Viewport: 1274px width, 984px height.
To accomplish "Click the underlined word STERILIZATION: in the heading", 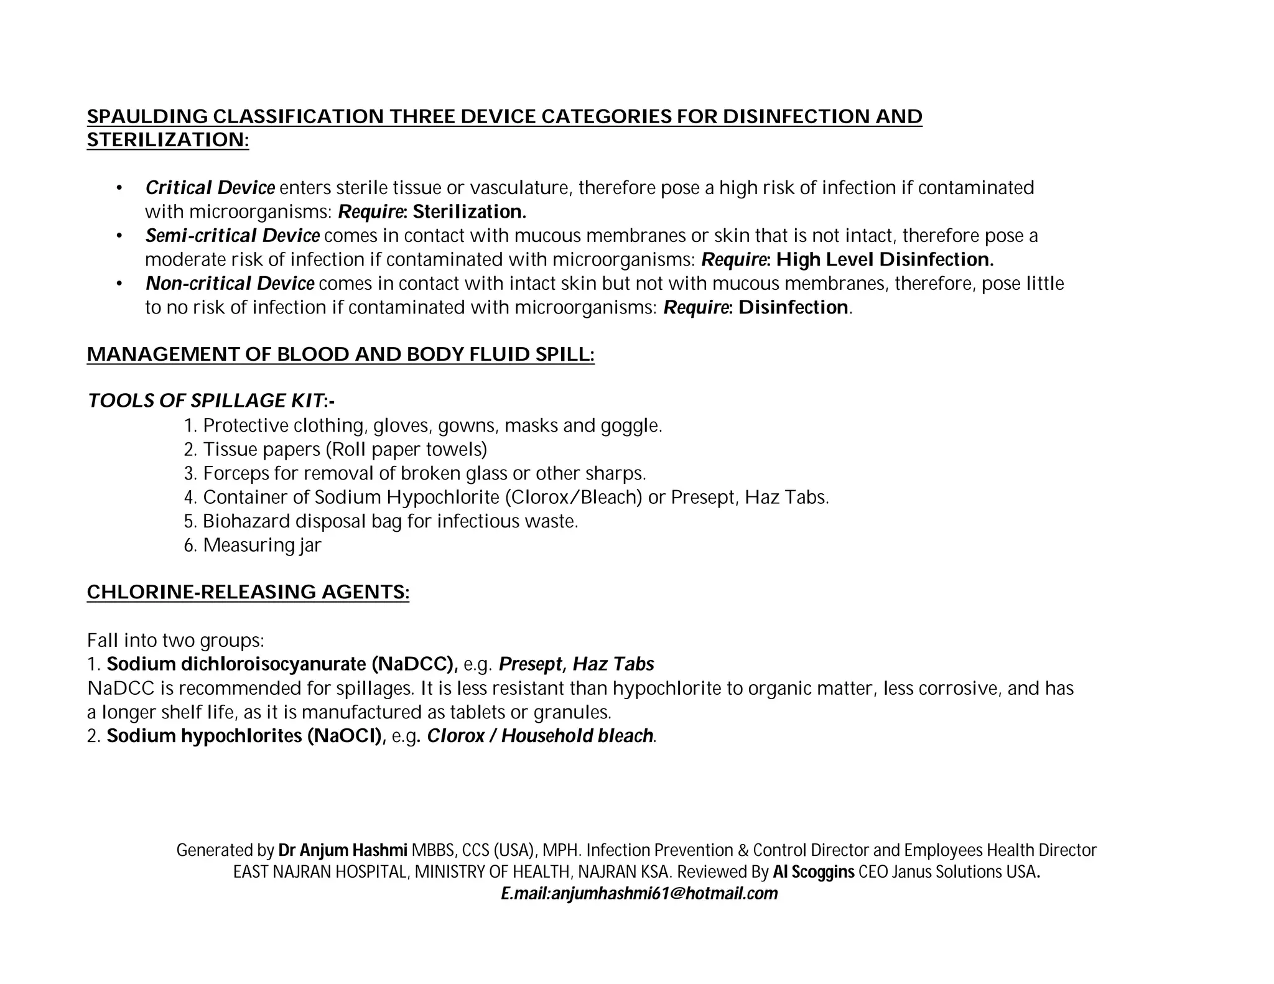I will pos(167,140).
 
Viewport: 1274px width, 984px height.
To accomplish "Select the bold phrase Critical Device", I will pos(210,188).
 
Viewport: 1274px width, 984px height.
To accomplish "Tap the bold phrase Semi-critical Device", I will pos(232,236).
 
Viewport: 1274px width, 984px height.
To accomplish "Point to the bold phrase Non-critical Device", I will pos(230,284).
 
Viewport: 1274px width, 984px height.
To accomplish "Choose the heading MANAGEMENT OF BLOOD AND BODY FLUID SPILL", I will pos(340,354).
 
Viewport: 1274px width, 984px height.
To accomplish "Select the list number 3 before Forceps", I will pos(190,474).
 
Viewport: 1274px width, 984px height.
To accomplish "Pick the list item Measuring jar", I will pos(261,545).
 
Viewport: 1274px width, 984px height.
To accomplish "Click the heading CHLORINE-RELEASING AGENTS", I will pos(248,592).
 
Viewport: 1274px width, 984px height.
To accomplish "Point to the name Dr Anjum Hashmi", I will pos(343,850).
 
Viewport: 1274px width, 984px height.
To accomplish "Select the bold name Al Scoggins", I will pos(814,871).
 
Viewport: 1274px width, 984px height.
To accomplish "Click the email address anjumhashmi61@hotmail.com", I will pos(664,894).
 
